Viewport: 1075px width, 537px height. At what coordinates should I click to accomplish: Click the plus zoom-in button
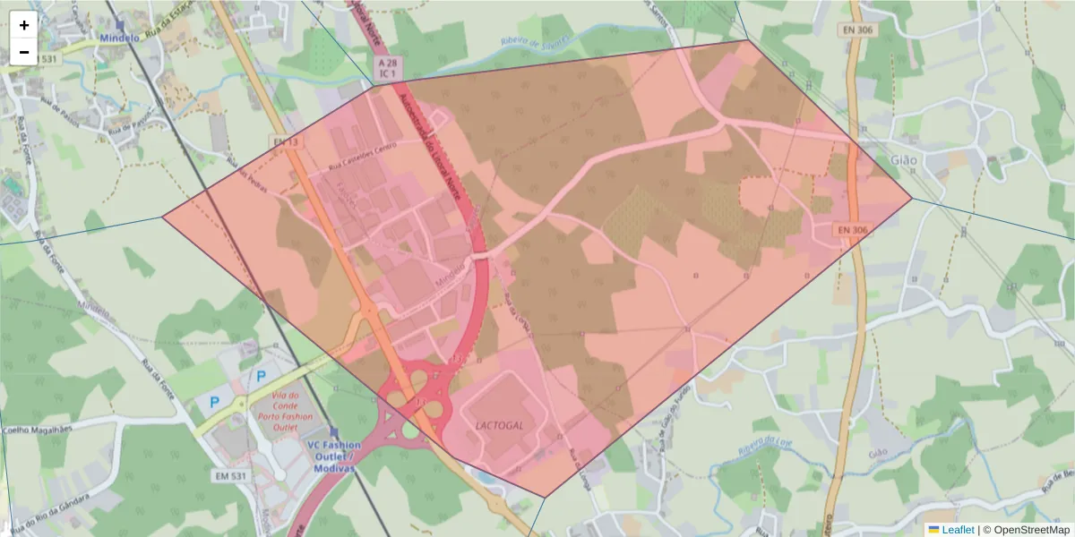[x=24, y=25]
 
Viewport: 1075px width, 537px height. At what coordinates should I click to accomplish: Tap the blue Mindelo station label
[x=120, y=38]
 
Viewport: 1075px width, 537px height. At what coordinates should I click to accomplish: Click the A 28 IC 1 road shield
[x=387, y=68]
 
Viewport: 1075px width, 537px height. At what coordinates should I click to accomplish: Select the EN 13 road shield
[x=286, y=142]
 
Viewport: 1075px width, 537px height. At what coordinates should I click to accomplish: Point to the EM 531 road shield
[x=230, y=474]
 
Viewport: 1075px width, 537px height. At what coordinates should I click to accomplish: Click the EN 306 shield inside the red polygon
[x=853, y=230]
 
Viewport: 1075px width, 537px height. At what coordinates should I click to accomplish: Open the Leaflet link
[x=958, y=530]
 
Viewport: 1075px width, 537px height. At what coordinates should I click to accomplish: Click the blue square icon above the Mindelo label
[x=120, y=26]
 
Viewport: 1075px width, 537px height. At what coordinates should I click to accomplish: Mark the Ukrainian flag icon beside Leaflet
[x=933, y=530]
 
